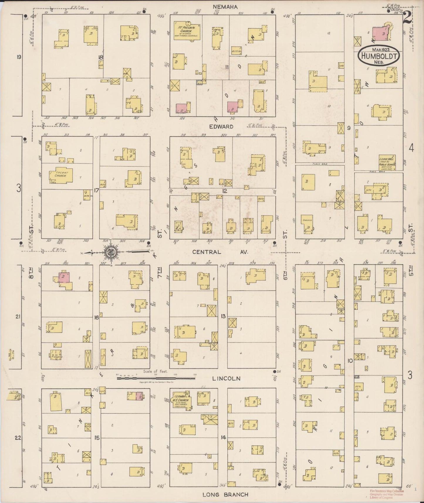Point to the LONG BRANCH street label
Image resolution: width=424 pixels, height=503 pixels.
[225, 495]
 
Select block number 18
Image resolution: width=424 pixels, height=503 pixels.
[101, 58]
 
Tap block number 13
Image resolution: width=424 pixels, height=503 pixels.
[223, 316]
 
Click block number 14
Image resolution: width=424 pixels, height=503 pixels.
[223, 438]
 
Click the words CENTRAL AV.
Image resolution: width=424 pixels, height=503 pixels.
[220, 252]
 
